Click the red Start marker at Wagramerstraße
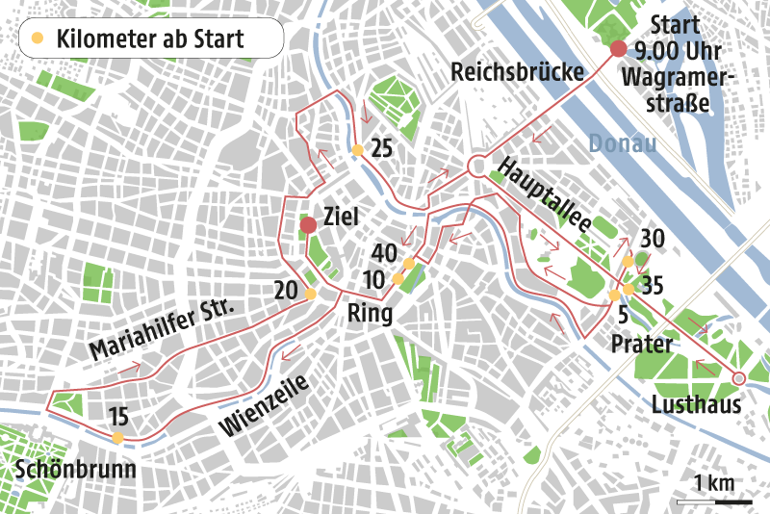coord(618,50)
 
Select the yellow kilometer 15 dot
coord(117,438)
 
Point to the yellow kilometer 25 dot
coord(357,150)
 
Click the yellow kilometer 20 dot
coord(310,295)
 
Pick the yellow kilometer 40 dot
coord(409,263)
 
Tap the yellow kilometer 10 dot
coord(398,279)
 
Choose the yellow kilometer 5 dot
coord(613,296)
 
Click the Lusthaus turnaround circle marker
coord(739,377)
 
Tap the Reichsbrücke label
coord(518,72)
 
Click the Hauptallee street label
coord(543,193)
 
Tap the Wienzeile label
coord(264,405)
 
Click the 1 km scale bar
coord(713,501)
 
